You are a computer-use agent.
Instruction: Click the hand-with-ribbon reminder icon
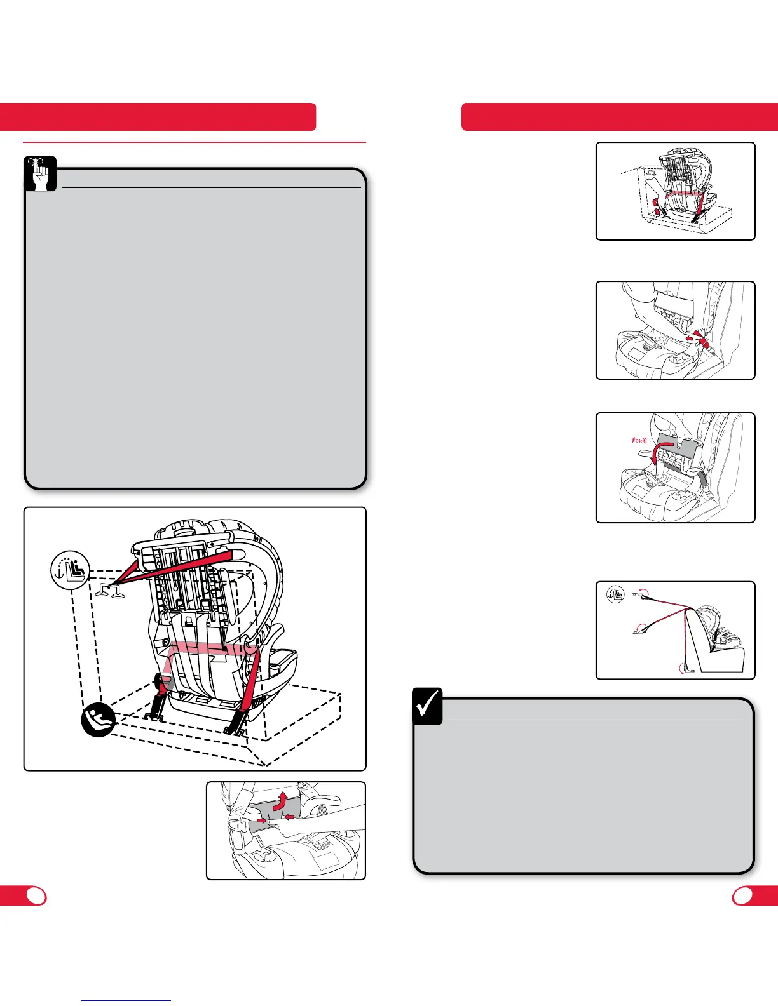click(x=40, y=173)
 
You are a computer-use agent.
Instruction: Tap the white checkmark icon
click(x=427, y=707)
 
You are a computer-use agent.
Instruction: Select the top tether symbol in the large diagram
click(x=70, y=570)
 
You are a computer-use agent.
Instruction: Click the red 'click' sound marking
click(x=636, y=438)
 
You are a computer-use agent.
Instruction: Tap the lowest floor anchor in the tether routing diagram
click(x=684, y=668)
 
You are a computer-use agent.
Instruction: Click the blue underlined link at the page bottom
click(x=126, y=1000)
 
